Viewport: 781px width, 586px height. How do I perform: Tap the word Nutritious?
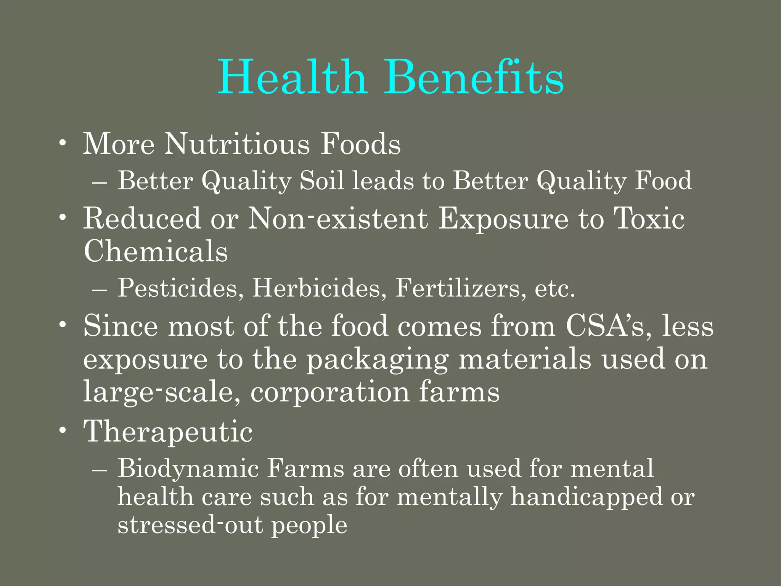coord(237,144)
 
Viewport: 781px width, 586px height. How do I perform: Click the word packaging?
coord(378,360)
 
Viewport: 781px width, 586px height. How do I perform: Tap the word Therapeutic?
coord(168,431)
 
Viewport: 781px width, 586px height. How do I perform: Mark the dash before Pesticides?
coord(100,290)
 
